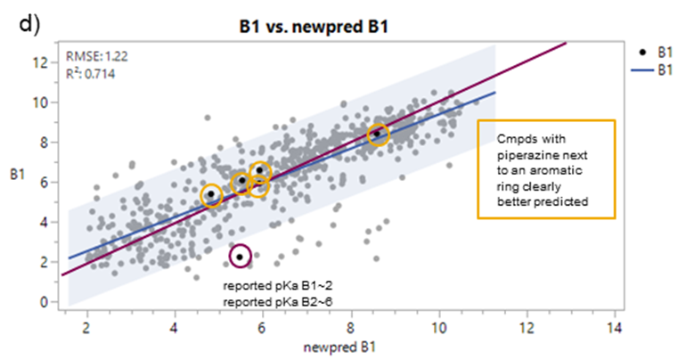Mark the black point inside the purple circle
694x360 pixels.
(x=240, y=257)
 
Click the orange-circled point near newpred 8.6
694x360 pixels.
(x=379, y=135)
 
